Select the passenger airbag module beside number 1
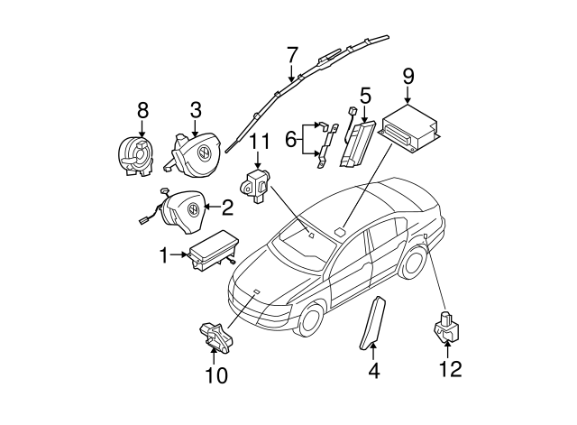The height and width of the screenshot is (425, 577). point(206,252)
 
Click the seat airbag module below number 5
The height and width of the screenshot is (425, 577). point(355,144)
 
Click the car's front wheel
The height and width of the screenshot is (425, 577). point(309,321)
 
